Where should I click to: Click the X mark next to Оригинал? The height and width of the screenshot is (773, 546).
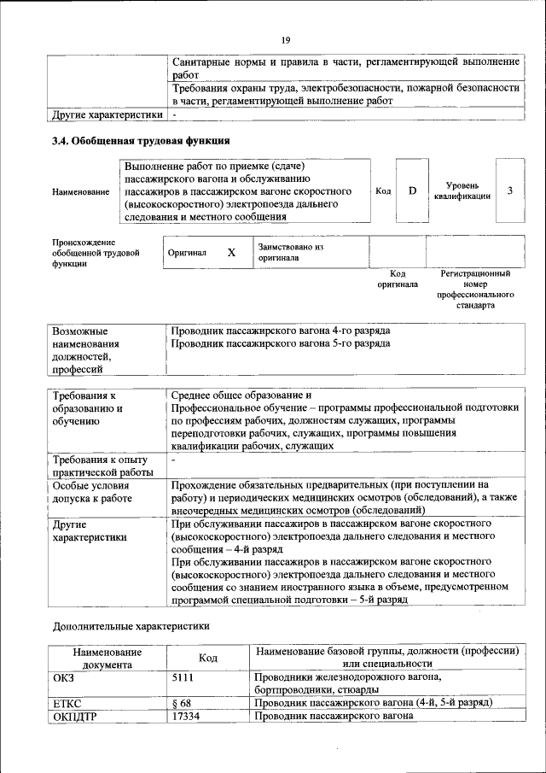(230, 253)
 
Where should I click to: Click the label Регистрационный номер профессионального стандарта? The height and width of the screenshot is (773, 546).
(475, 290)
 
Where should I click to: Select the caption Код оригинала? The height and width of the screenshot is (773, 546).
(398, 279)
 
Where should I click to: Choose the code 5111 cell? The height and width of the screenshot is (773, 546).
(183, 676)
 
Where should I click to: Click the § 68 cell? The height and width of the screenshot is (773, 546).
(181, 703)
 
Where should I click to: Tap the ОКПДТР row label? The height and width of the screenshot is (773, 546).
(75, 716)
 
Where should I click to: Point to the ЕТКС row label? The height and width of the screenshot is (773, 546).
(67, 703)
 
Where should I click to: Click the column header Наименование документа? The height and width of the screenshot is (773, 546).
(107, 657)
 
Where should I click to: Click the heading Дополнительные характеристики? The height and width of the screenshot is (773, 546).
(131, 625)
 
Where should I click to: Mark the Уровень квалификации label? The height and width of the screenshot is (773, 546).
(462, 190)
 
